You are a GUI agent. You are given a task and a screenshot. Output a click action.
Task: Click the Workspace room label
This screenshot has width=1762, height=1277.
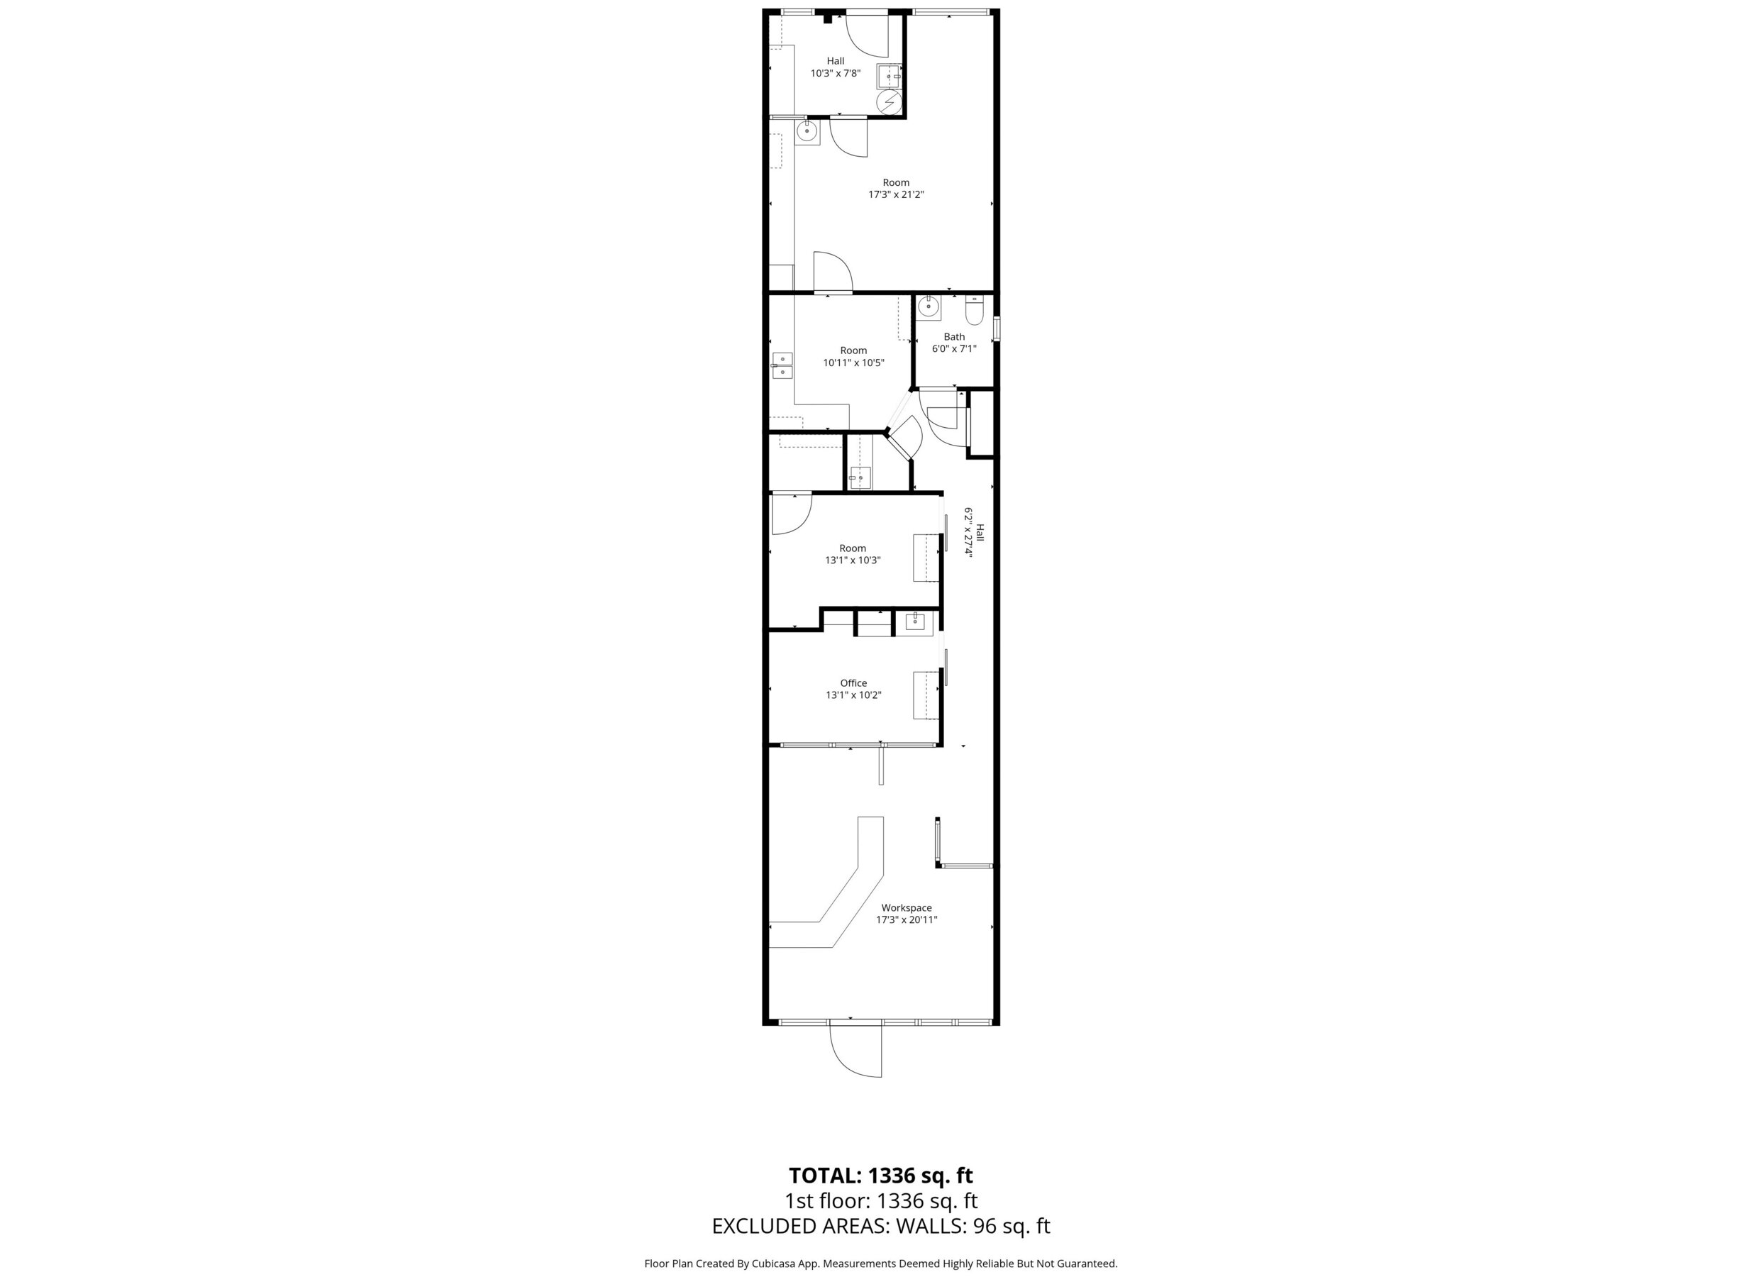pyautogui.click(x=906, y=908)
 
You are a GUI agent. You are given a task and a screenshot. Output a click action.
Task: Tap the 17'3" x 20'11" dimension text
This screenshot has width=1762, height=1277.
pyautogui.click(x=907, y=920)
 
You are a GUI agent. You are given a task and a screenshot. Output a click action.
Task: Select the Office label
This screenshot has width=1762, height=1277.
pyautogui.click(x=853, y=683)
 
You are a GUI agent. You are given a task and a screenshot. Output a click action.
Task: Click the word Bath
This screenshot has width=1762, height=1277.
pyautogui.click(x=954, y=336)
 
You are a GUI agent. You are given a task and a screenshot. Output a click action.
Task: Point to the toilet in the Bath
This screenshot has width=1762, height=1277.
pyautogui.click(x=974, y=311)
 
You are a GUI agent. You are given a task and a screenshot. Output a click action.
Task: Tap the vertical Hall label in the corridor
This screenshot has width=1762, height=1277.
pyautogui.click(x=980, y=532)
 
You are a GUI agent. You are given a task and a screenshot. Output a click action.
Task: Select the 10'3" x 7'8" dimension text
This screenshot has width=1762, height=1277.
pyautogui.click(x=835, y=74)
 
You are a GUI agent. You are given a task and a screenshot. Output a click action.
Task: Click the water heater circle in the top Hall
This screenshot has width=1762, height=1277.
pyautogui.click(x=889, y=102)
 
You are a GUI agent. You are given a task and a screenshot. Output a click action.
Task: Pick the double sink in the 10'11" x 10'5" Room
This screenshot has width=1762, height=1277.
pyautogui.click(x=782, y=365)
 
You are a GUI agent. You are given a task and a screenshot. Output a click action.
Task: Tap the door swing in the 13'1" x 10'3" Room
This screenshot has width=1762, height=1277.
pyautogui.click(x=791, y=514)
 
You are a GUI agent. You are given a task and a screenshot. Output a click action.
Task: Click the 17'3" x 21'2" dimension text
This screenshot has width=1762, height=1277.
pyautogui.click(x=896, y=194)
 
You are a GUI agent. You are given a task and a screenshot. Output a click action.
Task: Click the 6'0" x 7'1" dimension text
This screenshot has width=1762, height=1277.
pyautogui.click(x=954, y=349)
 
